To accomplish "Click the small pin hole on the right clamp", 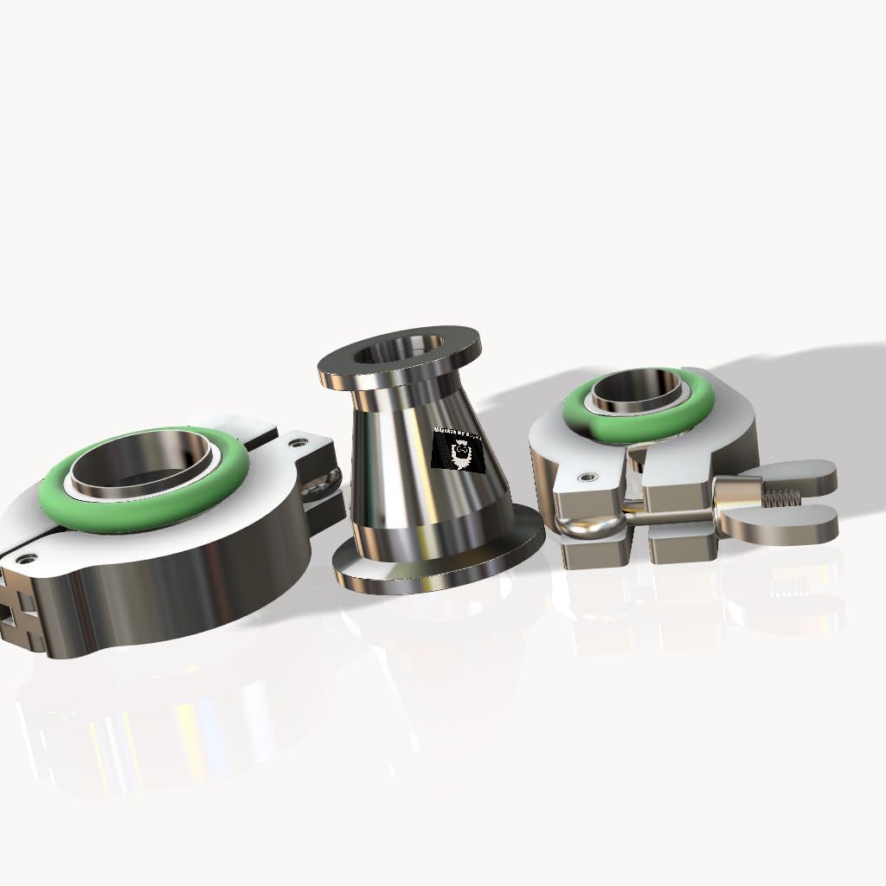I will coord(588,476).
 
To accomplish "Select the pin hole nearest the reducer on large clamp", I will coord(299,442).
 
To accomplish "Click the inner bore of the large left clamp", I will coord(138,472).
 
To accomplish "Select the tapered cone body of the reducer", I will coord(407,467).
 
